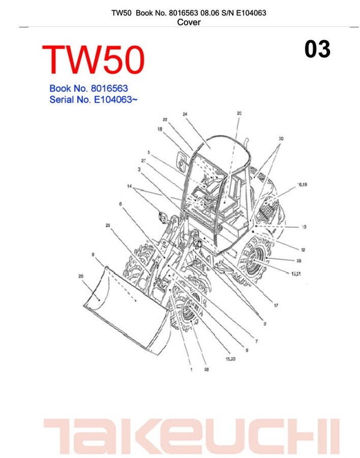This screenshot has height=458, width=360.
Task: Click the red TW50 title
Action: tap(94, 61)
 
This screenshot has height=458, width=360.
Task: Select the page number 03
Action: tap(317, 49)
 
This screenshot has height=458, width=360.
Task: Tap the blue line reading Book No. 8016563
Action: tap(88, 88)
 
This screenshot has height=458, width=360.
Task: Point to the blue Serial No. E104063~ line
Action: tap(94, 100)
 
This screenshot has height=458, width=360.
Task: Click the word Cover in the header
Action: tap(189, 23)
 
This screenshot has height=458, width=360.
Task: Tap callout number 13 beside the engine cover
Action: tap(304, 227)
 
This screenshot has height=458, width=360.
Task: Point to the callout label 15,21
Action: tap(296, 273)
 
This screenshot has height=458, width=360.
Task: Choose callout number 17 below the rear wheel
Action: tap(276, 306)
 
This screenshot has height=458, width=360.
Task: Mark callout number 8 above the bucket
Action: tap(93, 255)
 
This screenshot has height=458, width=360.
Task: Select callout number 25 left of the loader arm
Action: tap(107, 225)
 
